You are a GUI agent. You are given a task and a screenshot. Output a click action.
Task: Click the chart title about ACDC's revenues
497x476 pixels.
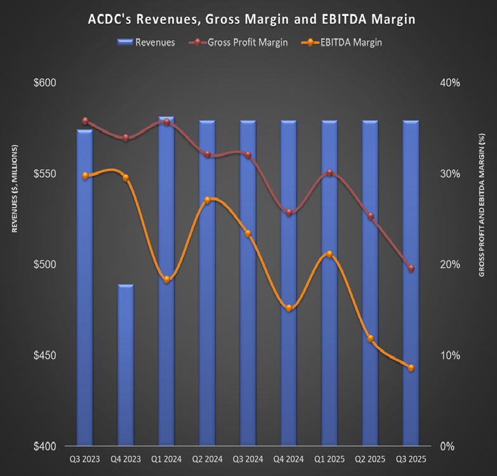coord(251,20)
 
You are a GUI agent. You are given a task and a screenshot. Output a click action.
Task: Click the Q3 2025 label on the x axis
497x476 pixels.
coord(411,459)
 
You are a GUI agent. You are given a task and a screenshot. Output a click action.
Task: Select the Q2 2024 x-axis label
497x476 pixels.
coord(207,459)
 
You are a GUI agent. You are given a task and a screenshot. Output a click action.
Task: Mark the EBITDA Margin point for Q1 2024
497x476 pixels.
coord(166,279)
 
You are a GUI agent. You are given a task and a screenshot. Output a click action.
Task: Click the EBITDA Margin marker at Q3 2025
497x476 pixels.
coord(411,368)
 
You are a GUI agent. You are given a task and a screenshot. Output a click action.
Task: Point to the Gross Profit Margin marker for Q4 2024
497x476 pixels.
coord(289,213)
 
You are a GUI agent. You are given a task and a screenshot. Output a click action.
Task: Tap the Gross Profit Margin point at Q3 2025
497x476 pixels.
coord(411,268)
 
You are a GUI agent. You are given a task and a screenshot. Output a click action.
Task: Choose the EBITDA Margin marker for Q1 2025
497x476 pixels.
coord(329,255)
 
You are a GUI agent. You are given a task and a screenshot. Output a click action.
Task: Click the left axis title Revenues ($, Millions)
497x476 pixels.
coord(14,188)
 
